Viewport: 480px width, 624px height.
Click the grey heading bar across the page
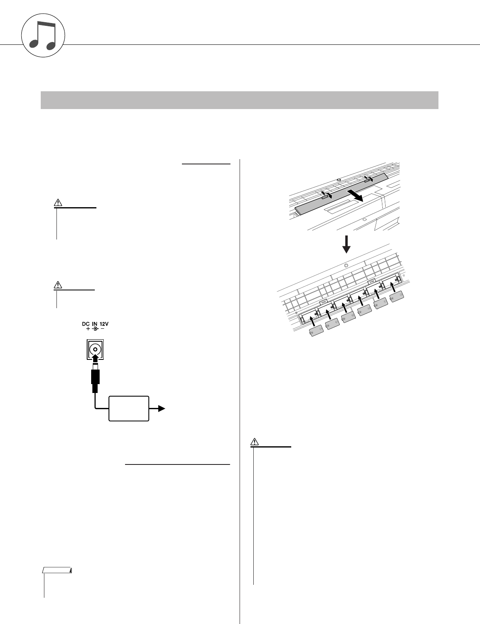point(240,100)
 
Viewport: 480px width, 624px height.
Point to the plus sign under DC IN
point(88,329)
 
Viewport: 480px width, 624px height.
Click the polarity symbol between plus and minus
point(95,329)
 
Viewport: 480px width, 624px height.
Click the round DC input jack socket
point(95,350)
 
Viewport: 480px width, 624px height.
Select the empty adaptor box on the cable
point(129,409)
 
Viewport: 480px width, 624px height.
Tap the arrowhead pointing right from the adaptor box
point(162,409)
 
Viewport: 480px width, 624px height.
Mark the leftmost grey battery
point(316,331)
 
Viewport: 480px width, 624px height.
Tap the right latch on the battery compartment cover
point(368,179)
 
